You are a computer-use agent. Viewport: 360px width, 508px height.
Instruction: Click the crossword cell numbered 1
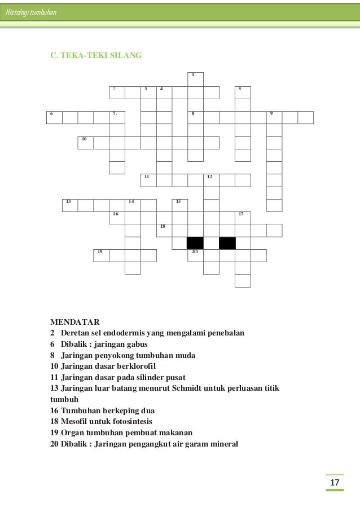(x=195, y=79)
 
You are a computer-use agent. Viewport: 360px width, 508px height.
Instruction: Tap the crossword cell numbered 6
(x=54, y=117)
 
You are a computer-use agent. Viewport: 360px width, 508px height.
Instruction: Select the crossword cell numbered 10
(x=86, y=142)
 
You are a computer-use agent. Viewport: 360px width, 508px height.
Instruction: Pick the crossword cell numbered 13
(x=70, y=205)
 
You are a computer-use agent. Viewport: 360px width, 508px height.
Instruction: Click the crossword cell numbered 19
(x=102, y=255)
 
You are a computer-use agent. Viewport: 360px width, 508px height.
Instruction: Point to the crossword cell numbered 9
(x=274, y=117)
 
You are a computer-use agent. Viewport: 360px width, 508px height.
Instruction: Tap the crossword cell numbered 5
(x=243, y=92)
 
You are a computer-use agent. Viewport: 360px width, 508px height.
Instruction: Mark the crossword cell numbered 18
(x=164, y=229)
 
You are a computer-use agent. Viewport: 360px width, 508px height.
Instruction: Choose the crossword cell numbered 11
(x=148, y=180)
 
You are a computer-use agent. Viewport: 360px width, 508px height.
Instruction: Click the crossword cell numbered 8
(x=195, y=117)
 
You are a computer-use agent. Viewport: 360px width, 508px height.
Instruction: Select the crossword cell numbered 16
(x=117, y=217)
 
